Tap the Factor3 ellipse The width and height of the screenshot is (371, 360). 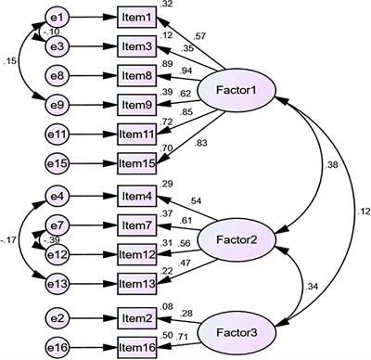click(238, 324)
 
